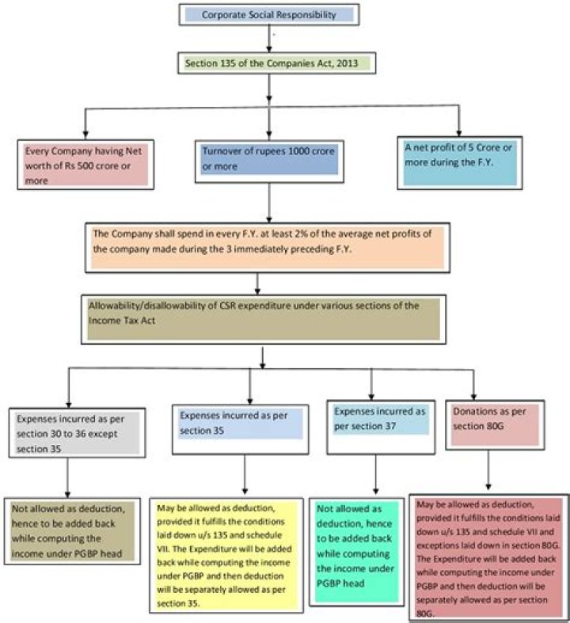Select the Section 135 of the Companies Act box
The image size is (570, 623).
pos(268,62)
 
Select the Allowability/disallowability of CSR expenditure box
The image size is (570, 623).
pos(269,318)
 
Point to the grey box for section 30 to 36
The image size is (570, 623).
pos(71,432)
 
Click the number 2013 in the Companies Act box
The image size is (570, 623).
pos(331,62)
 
